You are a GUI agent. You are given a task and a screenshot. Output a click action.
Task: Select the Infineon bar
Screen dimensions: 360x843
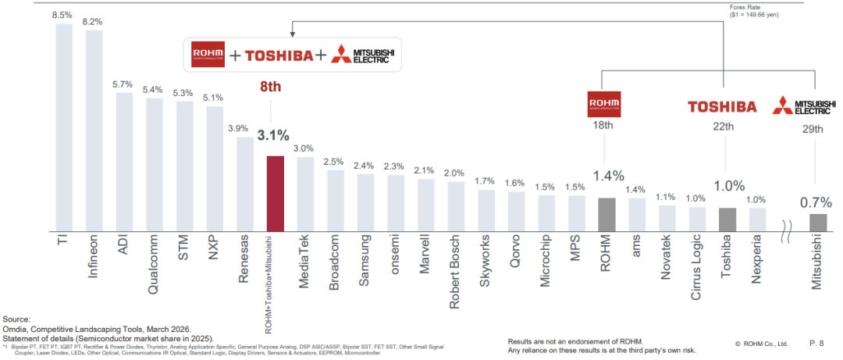pyautogui.click(x=94, y=130)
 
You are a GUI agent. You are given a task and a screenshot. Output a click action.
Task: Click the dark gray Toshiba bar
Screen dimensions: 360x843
pyautogui.click(x=727, y=219)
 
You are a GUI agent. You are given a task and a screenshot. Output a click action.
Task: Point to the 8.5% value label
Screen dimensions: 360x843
pyautogui.click(x=63, y=14)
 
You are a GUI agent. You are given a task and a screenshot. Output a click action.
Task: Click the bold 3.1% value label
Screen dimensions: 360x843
pyautogui.click(x=274, y=135)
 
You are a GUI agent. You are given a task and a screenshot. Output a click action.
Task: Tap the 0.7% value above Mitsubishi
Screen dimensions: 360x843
pyautogui.click(x=816, y=201)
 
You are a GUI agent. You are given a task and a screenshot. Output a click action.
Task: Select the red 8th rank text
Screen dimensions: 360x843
pyautogui.click(x=269, y=87)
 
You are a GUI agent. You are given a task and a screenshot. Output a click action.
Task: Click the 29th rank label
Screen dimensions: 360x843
pyautogui.click(x=814, y=129)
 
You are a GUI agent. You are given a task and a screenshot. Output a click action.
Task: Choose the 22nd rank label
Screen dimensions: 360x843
pyautogui.click(x=723, y=127)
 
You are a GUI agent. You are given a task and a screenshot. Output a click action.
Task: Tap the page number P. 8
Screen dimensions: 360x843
pyautogui.click(x=816, y=343)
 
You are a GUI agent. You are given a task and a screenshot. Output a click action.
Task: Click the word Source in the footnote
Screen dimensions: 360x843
pyautogui.click(x=16, y=320)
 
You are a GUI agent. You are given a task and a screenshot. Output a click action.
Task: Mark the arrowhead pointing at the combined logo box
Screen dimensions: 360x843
pyautogui.click(x=293, y=32)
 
